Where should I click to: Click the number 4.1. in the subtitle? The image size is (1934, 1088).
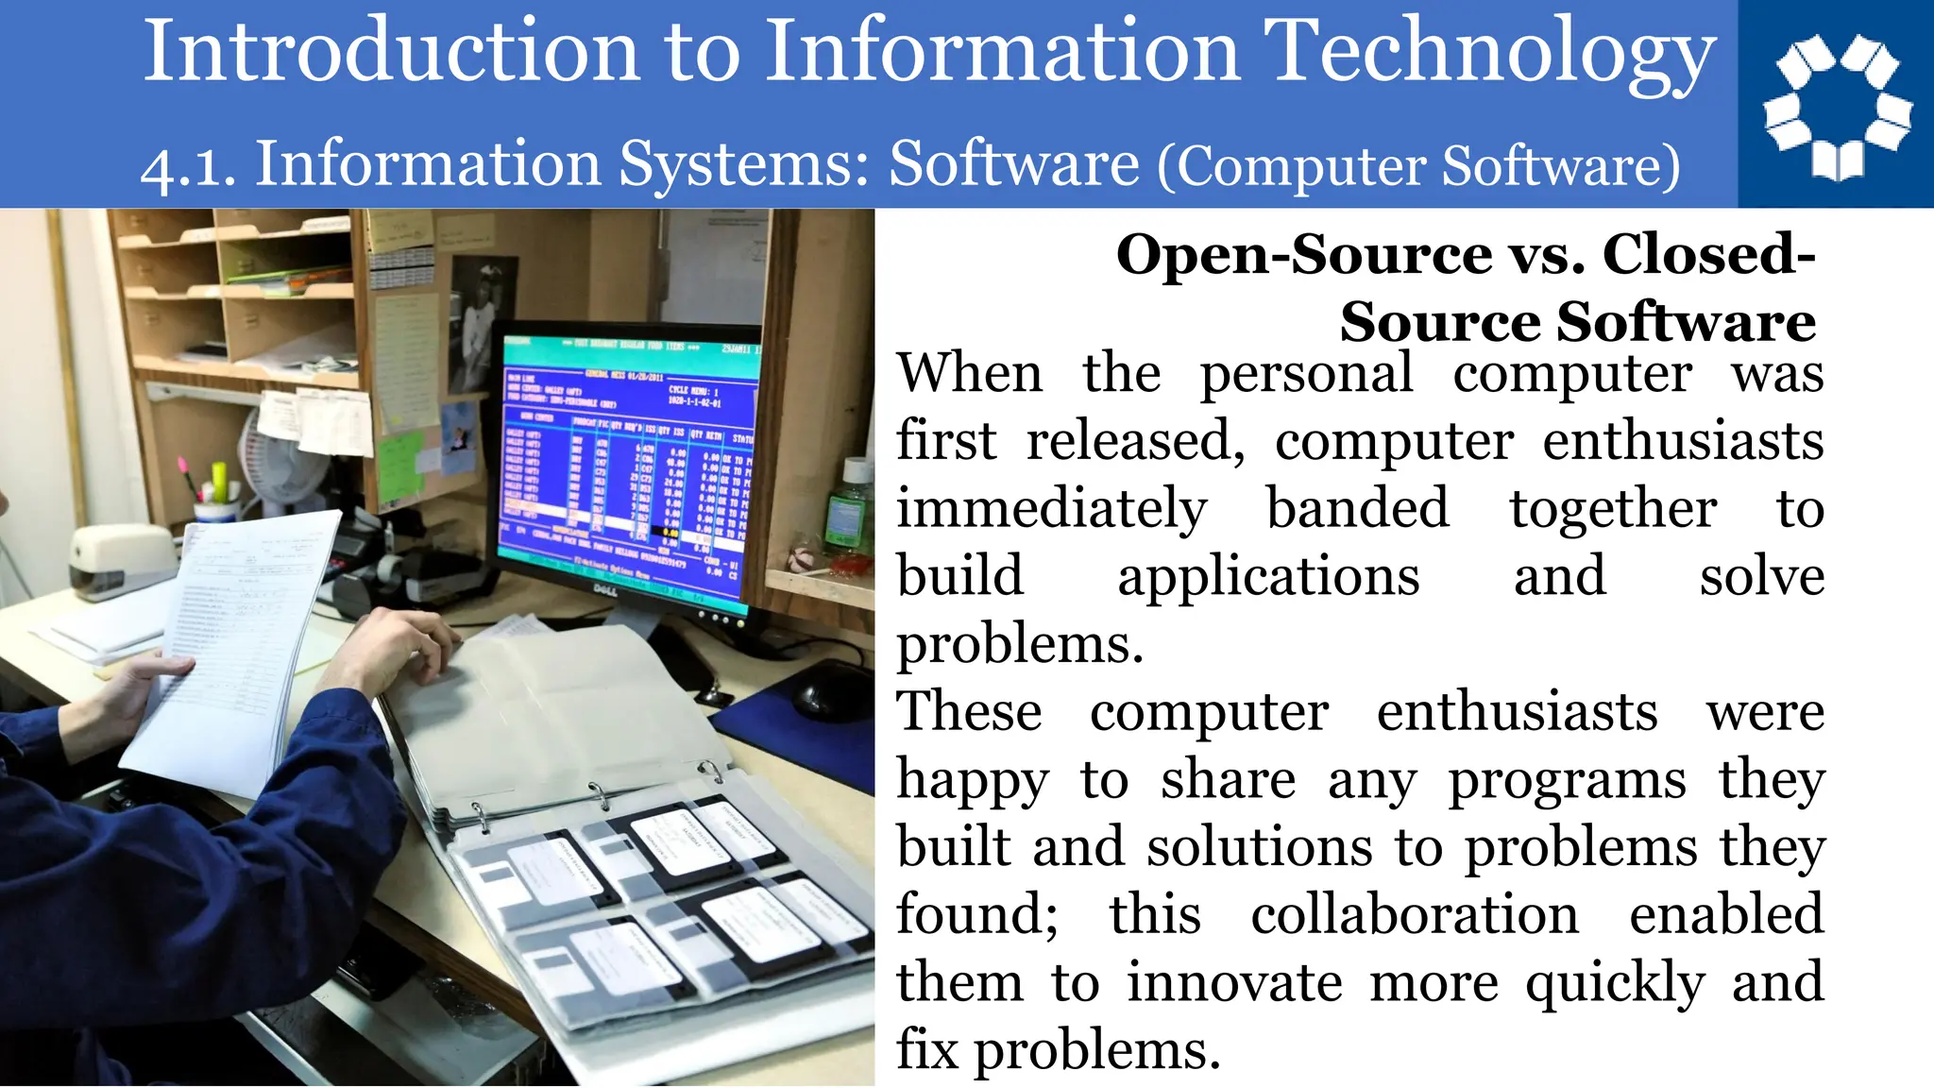(x=189, y=167)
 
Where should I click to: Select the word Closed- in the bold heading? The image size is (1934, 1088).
(x=1709, y=255)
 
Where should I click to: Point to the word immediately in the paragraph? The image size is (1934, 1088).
(x=1051, y=509)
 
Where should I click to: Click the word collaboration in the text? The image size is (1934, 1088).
(x=1415, y=915)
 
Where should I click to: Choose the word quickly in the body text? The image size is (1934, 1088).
(x=1615, y=983)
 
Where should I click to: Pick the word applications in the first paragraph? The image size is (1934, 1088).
(x=1268, y=577)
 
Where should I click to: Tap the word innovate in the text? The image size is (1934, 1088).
(x=1234, y=983)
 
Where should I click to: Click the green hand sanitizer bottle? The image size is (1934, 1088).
(x=850, y=510)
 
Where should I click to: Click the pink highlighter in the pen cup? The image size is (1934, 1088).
(x=182, y=469)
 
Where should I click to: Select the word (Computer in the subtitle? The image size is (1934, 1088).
(x=1294, y=167)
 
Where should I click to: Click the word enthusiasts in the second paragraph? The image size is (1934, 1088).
(x=1517, y=712)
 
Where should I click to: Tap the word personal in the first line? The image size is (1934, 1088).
(x=1307, y=374)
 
